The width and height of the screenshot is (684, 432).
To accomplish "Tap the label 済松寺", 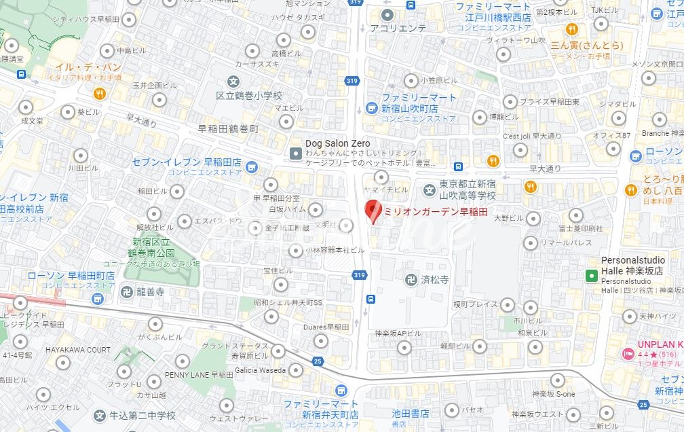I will tap(435, 280).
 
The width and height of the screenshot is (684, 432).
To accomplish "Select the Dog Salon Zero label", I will tap(337, 143).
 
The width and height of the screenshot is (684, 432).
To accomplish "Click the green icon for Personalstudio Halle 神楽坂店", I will tap(591, 274).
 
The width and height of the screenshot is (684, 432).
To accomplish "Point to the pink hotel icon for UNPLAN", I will tap(628, 354).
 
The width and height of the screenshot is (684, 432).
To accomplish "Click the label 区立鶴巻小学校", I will tap(248, 96).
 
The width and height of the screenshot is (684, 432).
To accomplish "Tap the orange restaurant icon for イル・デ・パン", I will tap(99, 94).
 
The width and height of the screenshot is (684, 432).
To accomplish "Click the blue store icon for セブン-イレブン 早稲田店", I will tap(252, 166).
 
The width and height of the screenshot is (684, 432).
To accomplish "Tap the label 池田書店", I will tap(411, 413).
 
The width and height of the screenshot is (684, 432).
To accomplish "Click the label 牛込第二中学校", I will tap(143, 415).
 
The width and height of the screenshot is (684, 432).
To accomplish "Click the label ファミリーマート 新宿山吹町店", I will tap(419, 103).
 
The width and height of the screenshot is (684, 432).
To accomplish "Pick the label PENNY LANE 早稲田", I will tap(198, 374).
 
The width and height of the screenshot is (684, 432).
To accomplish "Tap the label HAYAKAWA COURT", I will tap(78, 350).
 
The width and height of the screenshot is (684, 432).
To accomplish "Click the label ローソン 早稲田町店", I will tap(71, 276).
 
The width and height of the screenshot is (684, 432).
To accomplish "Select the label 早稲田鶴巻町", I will tap(228, 128).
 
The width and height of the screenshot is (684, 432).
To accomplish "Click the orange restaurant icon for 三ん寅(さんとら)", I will tap(572, 29).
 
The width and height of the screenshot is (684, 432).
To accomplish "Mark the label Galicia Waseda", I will tap(260, 370).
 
